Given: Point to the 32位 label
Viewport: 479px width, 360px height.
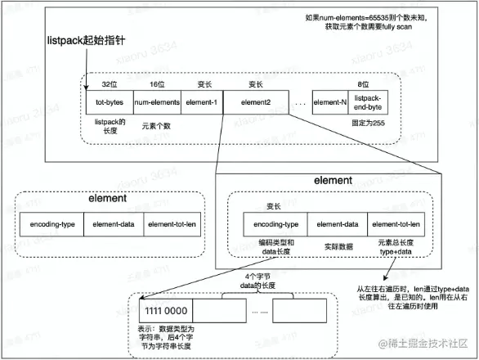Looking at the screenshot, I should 110,83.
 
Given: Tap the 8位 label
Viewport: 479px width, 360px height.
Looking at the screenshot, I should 373,83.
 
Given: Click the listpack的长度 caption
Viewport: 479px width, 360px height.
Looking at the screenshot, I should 109,125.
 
